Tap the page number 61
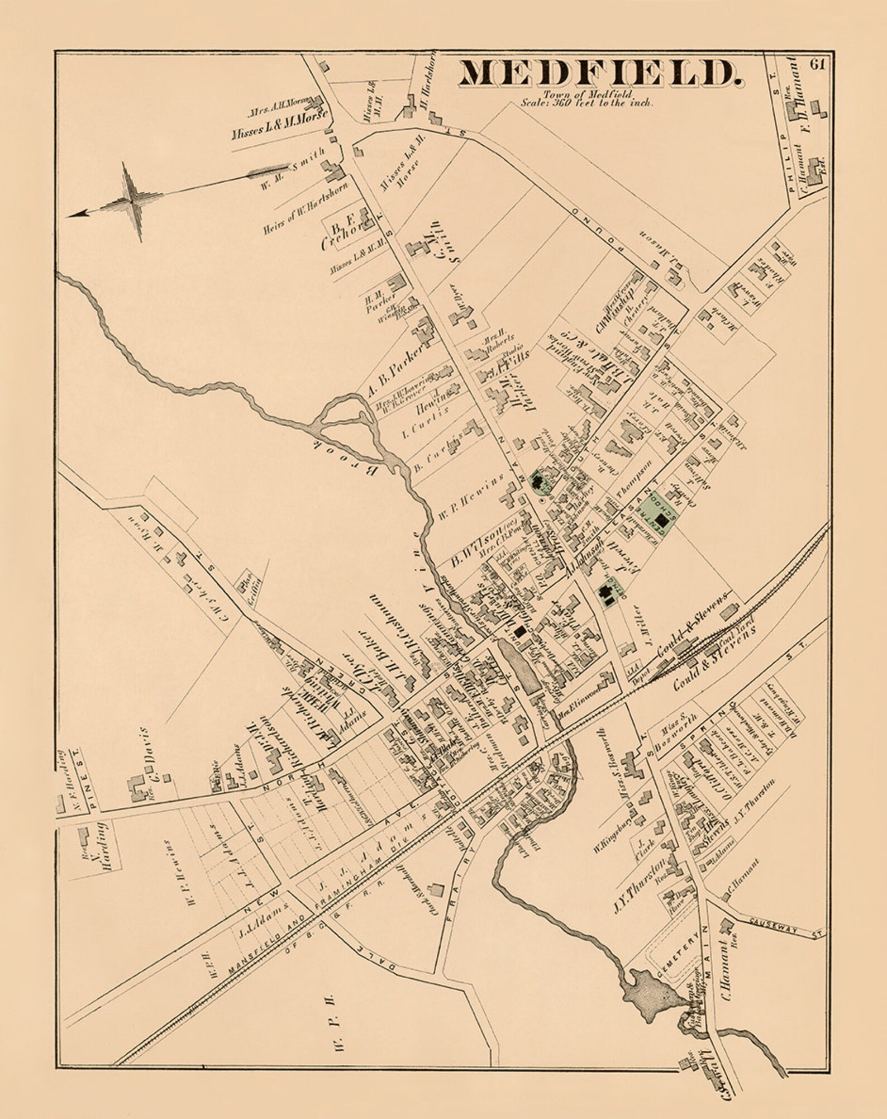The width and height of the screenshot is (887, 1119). coord(817,63)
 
